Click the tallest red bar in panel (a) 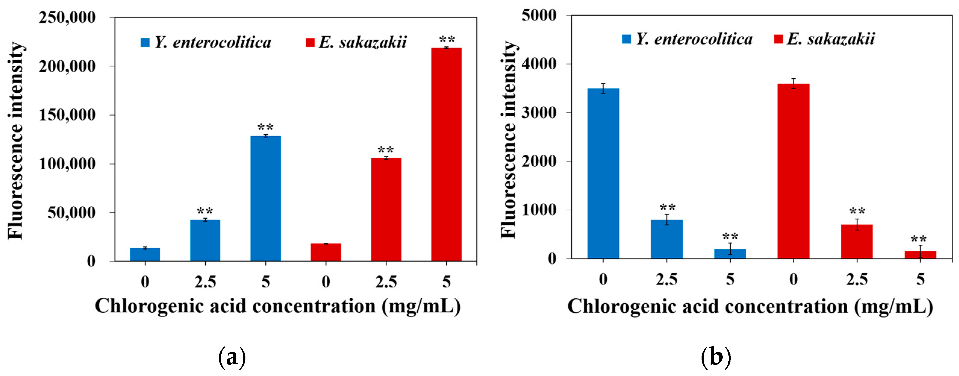tap(446, 155)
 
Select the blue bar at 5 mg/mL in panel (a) tap(266, 199)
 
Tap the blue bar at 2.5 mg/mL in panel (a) tap(205, 240)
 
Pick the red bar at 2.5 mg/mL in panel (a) tap(386, 209)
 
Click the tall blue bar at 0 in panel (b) tap(603, 173)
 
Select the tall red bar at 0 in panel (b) tap(793, 171)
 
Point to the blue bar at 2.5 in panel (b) tap(666, 239)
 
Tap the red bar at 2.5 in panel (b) tap(857, 241)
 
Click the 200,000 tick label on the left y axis tap(67, 67)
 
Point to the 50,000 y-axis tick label tap(71, 213)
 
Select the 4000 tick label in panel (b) tap(539, 64)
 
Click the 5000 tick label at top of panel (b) tap(539, 16)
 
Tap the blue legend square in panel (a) tap(145, 42)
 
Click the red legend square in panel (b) tap(778, 39)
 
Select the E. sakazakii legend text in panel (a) tap(363, 42)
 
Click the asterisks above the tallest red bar tap(447, 39)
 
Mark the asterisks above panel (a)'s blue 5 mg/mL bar tap(266, 127)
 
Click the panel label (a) tap(232, 357)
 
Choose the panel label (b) tap(715, 357)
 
